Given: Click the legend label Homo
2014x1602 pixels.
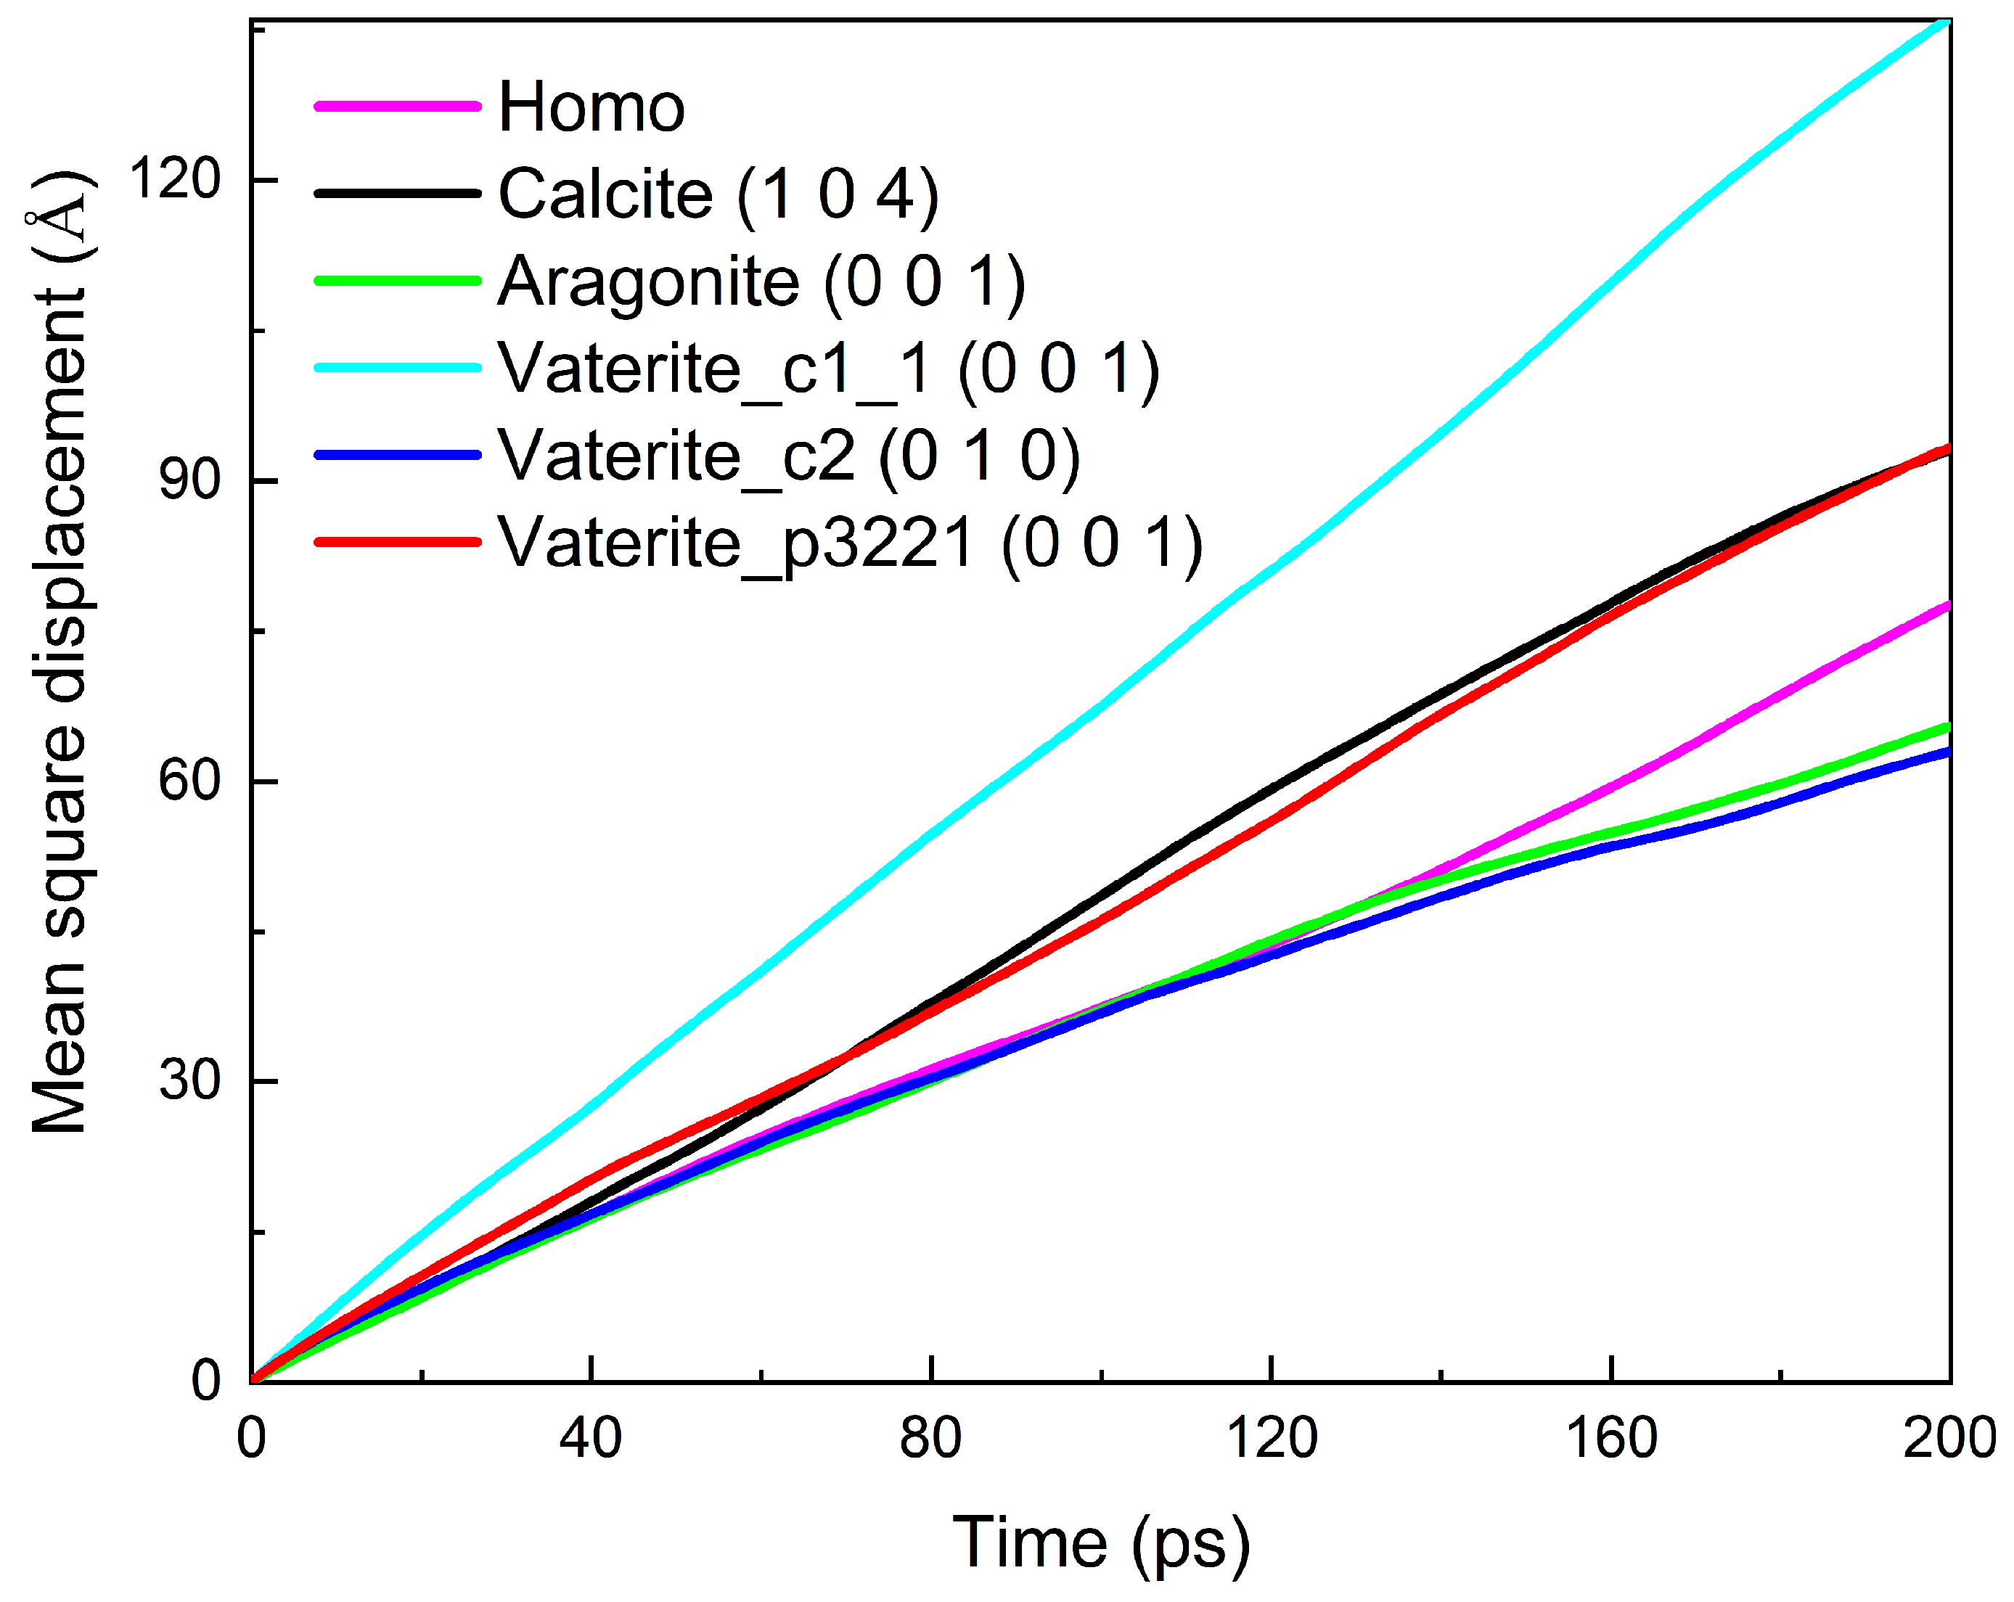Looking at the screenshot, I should click(x=591, y=107).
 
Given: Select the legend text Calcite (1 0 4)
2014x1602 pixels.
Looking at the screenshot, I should click(x=717, y=194).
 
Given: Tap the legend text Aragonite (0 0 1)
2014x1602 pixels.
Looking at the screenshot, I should click(x=761, y=282).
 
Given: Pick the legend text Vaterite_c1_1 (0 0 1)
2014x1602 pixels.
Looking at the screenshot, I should click(x=827, y=369).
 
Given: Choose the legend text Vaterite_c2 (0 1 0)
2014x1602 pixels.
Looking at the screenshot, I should click(x=788, y=456).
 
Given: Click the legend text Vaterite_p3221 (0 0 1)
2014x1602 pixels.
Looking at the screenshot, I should click(x=849, y=543).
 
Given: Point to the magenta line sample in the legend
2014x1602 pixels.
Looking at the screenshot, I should click(x=397, y=107).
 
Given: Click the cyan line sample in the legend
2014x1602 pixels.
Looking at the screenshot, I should click(x=397, y=368).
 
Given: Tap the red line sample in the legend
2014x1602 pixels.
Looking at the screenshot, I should click(x=397, y=543).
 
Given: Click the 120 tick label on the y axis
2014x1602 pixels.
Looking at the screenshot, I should click(x=175, y=178).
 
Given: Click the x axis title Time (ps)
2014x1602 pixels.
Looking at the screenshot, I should click(x=1100, y=1543).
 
